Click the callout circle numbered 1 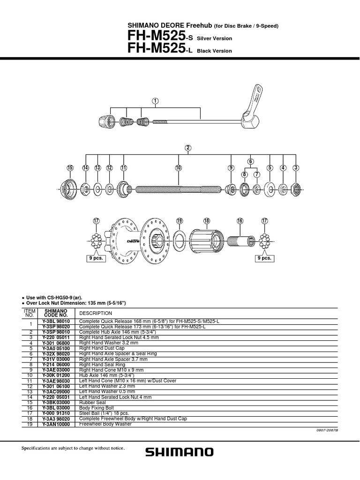coord(155,100)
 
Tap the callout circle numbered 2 coord(188,148)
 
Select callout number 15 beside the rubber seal coord(71,168)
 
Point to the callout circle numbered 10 coord(179,168)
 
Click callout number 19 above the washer coord(179,220)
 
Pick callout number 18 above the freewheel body coord(207,220)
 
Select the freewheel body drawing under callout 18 coord(208,242)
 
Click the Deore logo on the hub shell coord(134,241)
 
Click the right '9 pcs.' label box coord(264,258)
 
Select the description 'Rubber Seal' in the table coord(93,402)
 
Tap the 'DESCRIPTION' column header coord(96,313)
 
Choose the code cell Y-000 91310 coord(56,413)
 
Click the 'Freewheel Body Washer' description coord(105,424)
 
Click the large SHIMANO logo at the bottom coord(180,452)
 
